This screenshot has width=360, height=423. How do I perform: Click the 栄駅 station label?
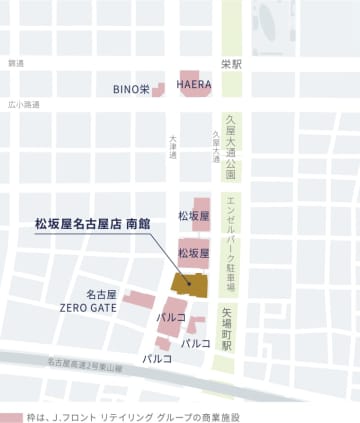[231, 63]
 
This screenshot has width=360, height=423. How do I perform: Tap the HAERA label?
[194, 85]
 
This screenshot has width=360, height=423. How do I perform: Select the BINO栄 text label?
[130, 89]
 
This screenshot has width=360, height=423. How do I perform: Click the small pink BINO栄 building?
[159, 88]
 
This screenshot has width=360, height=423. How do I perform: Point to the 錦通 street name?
[15, 63]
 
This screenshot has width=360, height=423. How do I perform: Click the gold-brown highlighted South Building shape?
[188, 281]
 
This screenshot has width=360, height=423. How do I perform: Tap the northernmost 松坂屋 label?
[193, 215]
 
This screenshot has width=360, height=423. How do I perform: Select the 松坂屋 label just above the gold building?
[193, 254]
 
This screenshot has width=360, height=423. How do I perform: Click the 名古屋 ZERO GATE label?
[88, 301]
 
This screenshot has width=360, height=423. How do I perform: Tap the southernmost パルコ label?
[157, 357]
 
